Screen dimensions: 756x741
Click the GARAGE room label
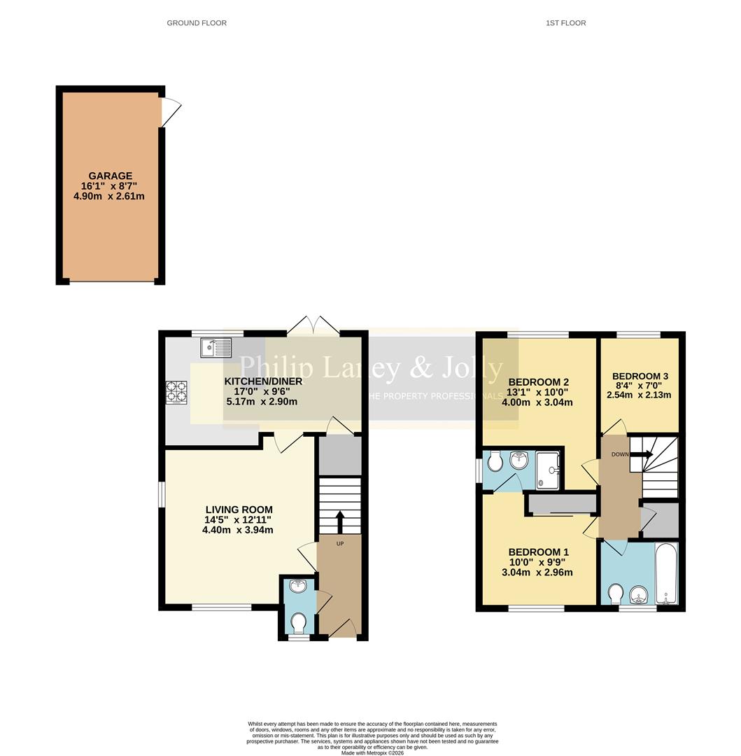point(110,176)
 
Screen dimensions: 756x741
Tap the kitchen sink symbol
point(216,347)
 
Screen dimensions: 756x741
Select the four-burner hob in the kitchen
point(176,393)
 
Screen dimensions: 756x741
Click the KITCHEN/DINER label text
point(263,381)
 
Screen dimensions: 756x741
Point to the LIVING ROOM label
point(239,510)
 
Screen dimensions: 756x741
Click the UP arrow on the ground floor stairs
point(340,522)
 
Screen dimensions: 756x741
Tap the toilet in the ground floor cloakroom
point(299,622)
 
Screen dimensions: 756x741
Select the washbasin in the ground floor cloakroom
point(299,585)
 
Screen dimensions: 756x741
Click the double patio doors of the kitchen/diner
point(313,325)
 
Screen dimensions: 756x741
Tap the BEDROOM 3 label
point(640,376)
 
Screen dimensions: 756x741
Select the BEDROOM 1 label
point(537,552)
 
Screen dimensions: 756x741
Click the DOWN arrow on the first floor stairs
point(641,454)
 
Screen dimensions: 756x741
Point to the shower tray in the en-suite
point(548,470)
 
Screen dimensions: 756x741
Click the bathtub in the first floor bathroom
point(666,573)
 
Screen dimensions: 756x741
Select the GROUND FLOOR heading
point(197,23)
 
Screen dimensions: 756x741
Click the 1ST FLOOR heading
point(565,23)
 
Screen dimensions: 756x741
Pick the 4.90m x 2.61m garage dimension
point(110,196)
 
